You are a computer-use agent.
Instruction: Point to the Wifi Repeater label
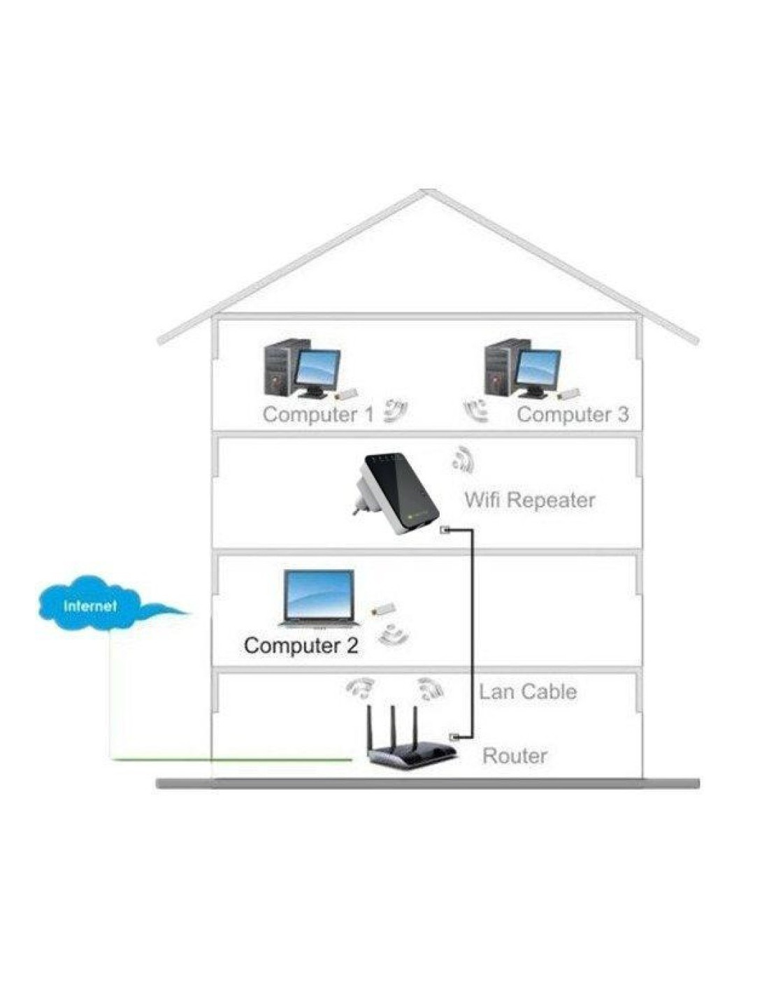point(530,500)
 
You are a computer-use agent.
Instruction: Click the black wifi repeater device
point(396,494)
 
